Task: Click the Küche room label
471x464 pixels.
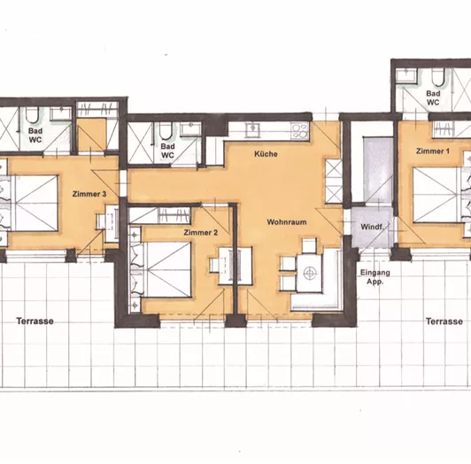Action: click(x=266, y=154)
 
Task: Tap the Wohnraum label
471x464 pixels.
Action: click(x=287, y=222)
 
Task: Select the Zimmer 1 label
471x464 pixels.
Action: click(x=433, y=151)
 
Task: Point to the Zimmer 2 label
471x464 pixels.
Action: click(x=201, y=232)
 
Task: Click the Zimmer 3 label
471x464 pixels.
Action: click(x=89, y=194)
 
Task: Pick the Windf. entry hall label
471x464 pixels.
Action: click(x=372, y=227)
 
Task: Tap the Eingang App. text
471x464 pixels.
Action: click(x=375, y=277)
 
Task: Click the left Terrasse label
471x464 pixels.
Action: click(x=35, y=321)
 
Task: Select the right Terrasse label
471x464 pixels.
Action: click(x=444, y=321)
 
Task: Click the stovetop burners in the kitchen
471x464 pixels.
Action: click(x=299, y=130)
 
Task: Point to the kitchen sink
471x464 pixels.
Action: click(x=252, y=129)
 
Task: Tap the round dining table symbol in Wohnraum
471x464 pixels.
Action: click(x=310, y=273)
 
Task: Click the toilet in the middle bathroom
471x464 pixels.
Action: click(x=165, y=131)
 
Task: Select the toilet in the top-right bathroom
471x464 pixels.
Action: click(x=438, y=77)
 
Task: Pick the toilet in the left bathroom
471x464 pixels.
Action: click(x=32, y=115)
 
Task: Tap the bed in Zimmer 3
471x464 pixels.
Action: click(x=29, y=203)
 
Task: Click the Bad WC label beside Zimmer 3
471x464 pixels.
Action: click(x=35, y=135)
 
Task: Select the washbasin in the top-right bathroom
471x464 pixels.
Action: click(x=406, y=75)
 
